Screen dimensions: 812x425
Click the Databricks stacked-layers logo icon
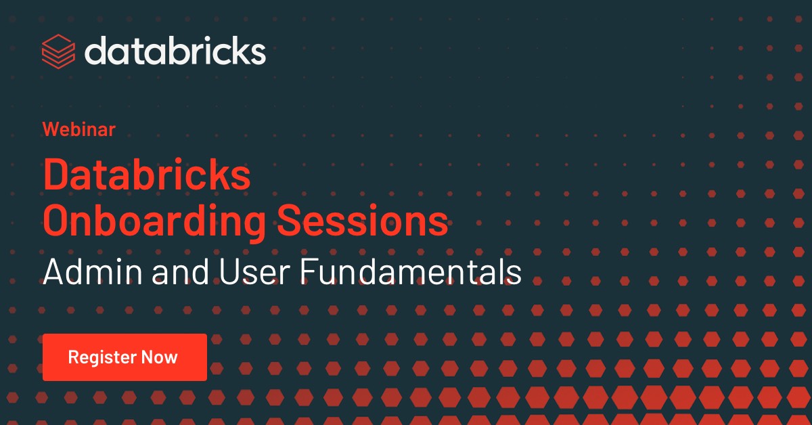[x=58, y=51]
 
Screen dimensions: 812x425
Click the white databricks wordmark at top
[x=175, y=50]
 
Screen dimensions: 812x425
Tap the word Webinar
[x=79, y=129]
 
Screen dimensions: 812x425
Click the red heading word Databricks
[x=147, y=175]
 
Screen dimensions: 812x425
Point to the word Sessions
[x=363, y=221]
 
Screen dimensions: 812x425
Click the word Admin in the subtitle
[x=93, y=271]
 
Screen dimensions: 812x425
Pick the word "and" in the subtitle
[x=181, y=271]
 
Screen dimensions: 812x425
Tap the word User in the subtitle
[x=254, y=271]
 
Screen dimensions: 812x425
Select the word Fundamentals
[x=411, y=271]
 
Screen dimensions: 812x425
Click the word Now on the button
[x=160, y=357]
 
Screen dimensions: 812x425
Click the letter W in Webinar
[x=51, y=129]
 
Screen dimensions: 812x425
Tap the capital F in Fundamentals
[x=309, y=271]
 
